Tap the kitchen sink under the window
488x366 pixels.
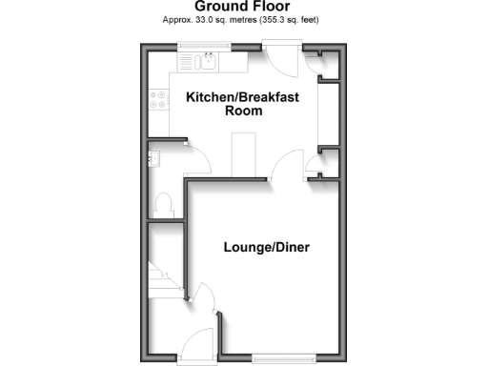click(x=206, y=62)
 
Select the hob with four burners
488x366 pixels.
click(x=156, y=100)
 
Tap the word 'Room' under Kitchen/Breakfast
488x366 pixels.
click(x=243, y=111)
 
